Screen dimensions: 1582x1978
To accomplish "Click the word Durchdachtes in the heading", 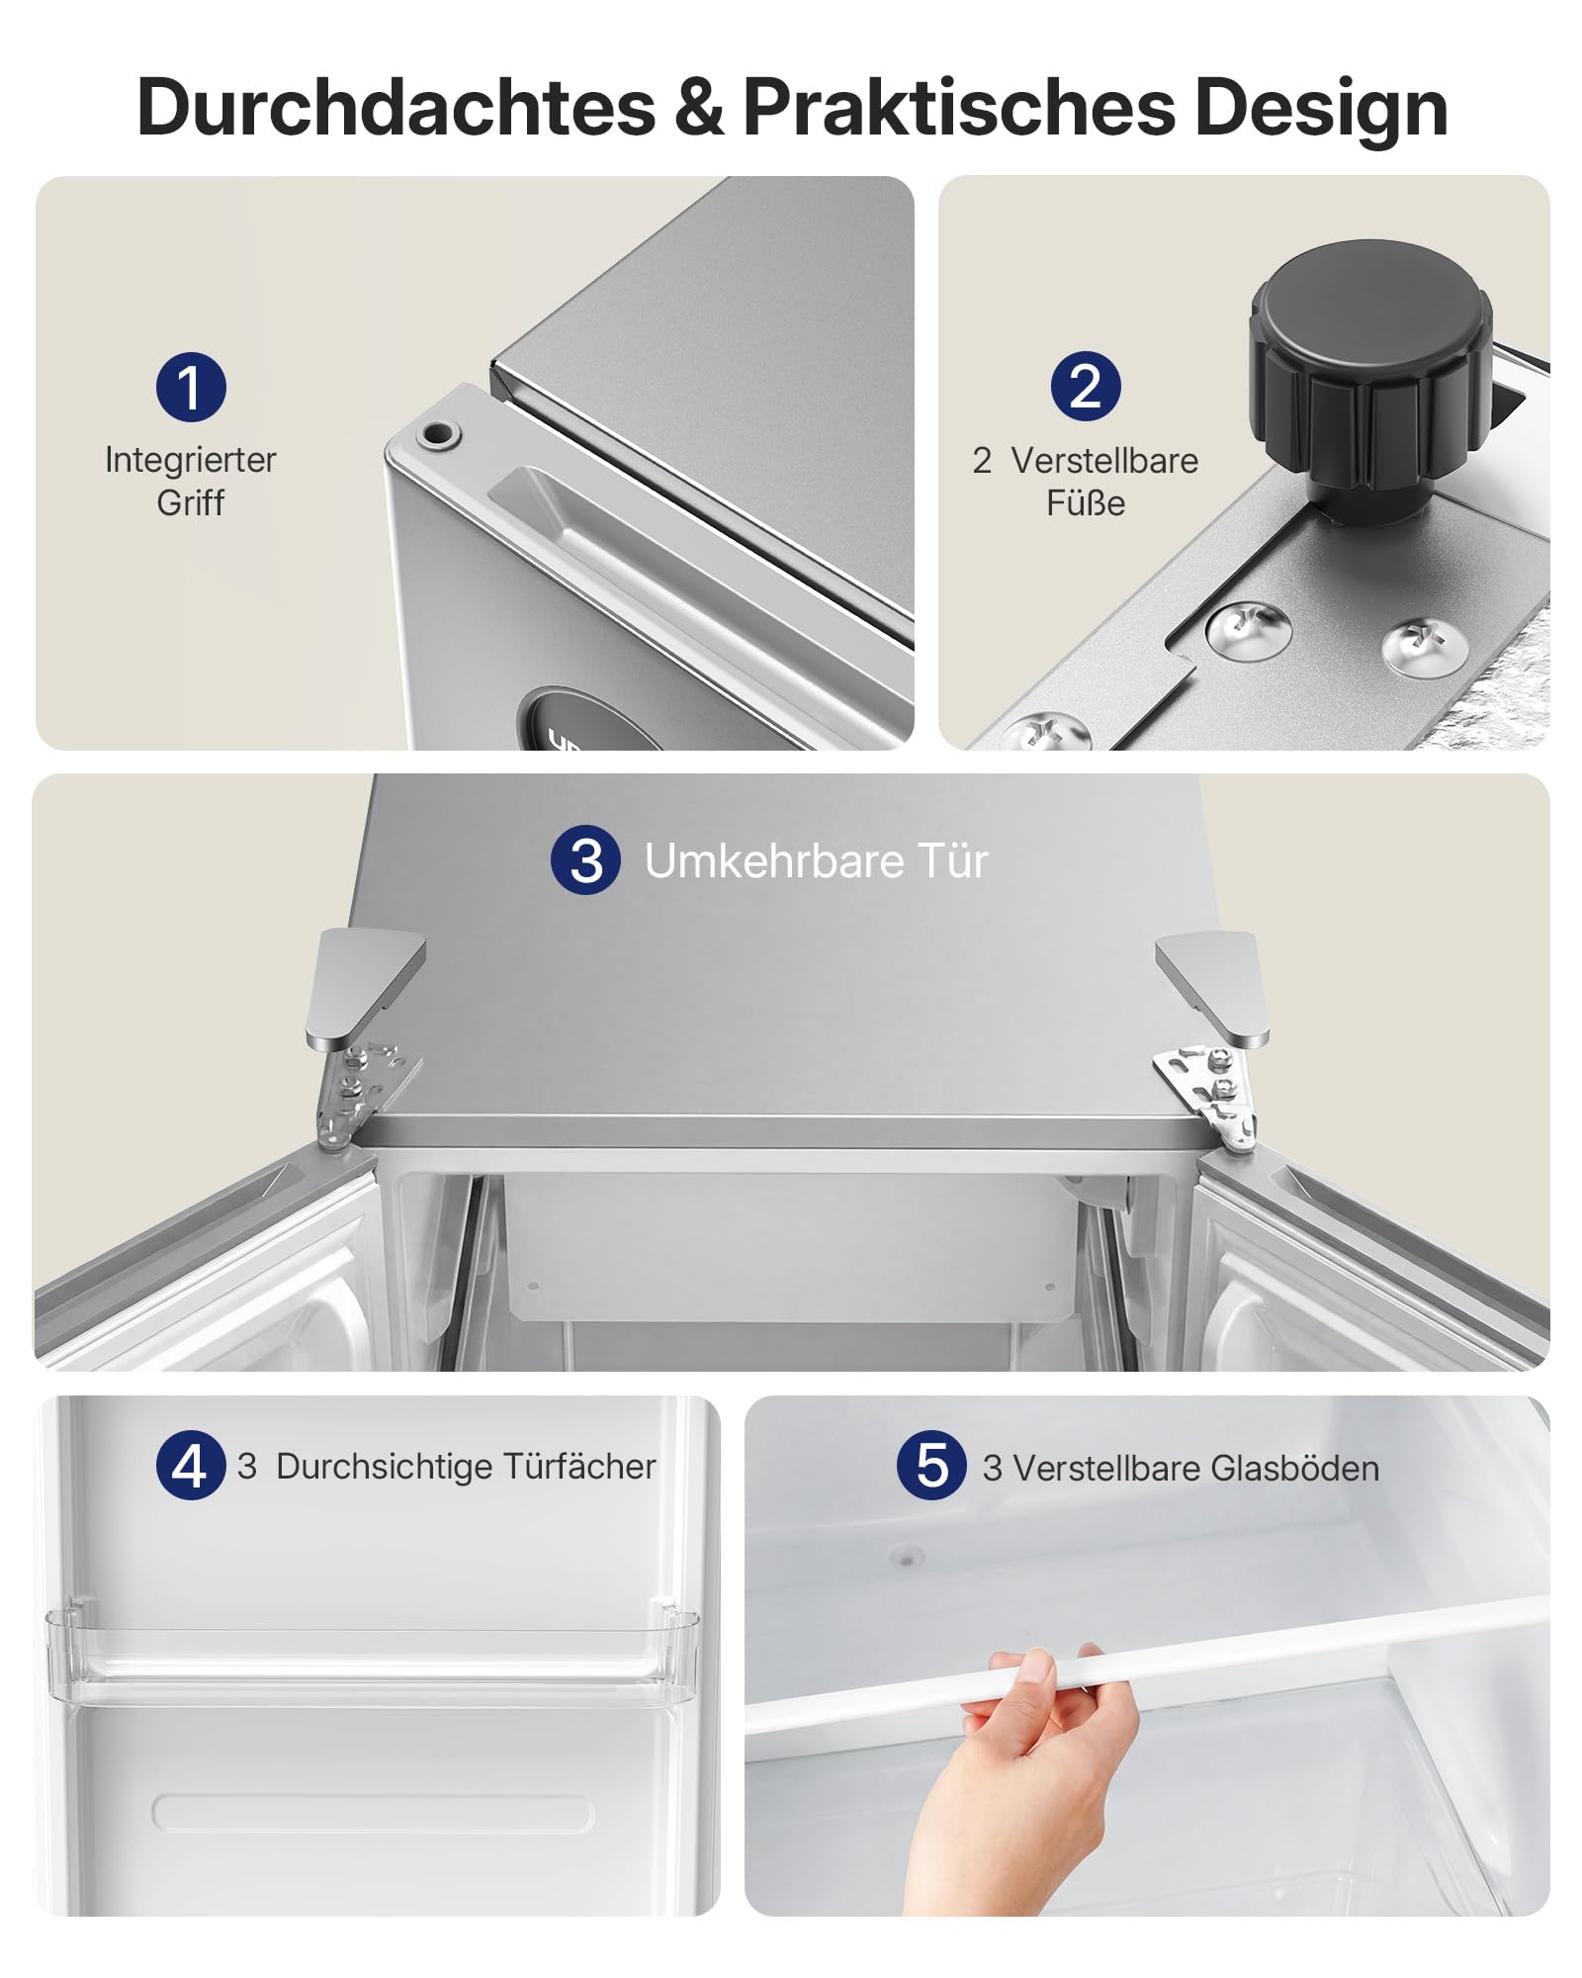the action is coord(396,107).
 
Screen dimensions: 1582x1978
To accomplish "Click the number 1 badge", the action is coord(191,387).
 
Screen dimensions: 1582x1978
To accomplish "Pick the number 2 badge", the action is coord(1086,387).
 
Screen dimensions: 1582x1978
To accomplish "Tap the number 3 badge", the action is coord(586,860).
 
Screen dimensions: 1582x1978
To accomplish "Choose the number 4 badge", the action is coord(191,1465).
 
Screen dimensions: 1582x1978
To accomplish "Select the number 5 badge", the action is coord(931,1465).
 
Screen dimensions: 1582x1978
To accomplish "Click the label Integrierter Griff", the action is coord(191,481).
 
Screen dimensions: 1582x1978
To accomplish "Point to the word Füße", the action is coord(1086,503).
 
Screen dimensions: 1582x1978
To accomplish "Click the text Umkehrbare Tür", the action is coord(816,861).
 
